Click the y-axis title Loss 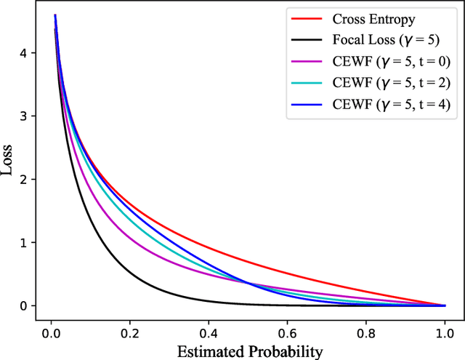pos(9,164)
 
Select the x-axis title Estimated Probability pos(248,351)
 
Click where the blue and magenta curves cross pos(248,283)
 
